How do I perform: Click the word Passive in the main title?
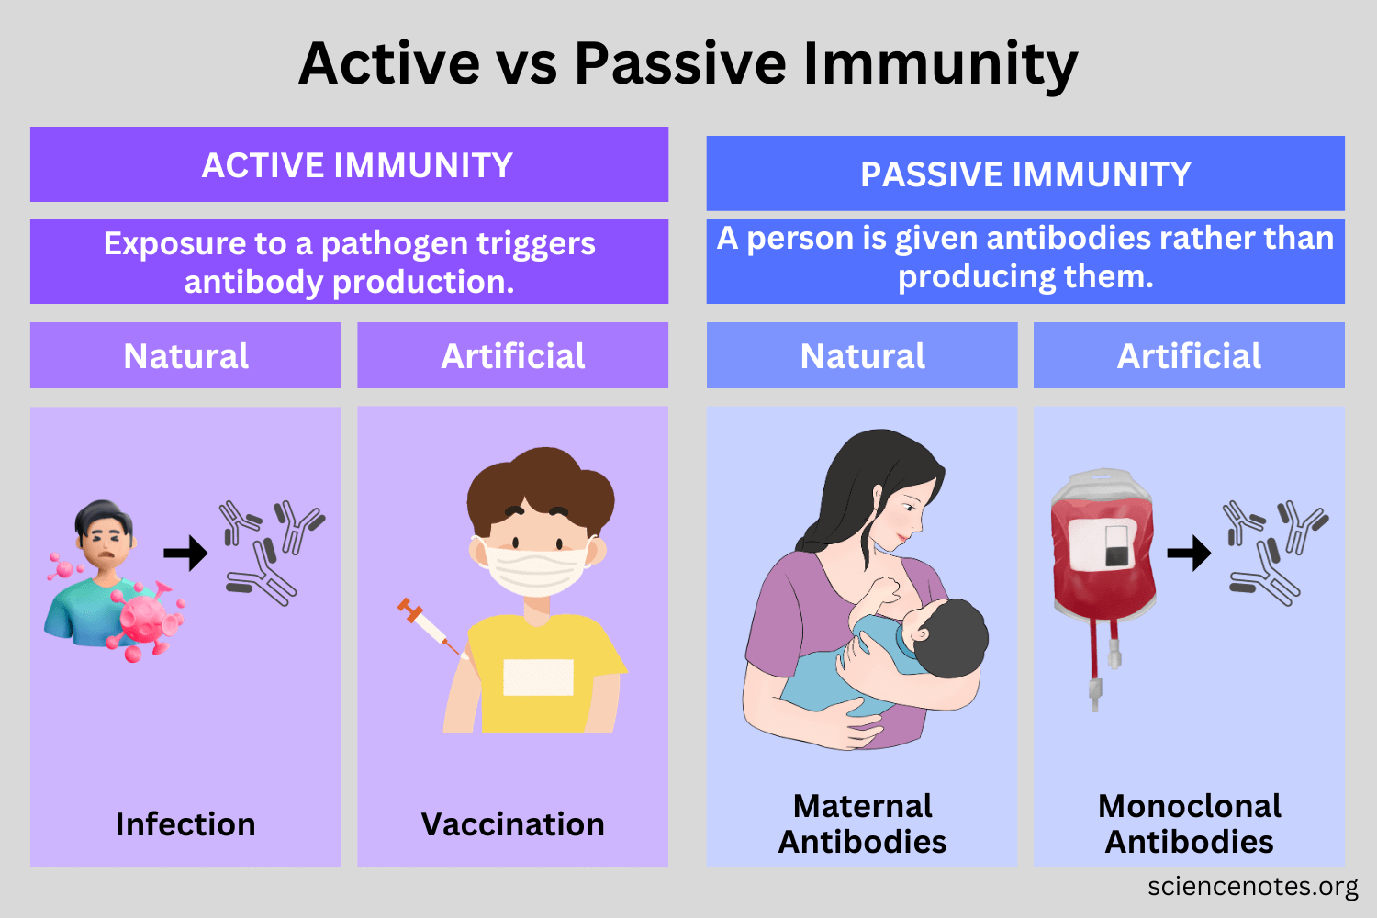click(x=680, y=63)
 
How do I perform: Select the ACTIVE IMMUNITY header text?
click(x=357, y=165)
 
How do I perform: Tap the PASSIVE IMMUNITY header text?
click(x=1025, y=174)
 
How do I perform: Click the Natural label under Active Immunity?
click(x=185, y=356)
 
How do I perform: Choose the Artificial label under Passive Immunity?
click(x=1189, y=356)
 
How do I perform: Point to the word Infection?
click(x=185, y=824)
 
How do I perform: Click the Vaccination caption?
click(x=512, y=824)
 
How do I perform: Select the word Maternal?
click(x=863, y=806)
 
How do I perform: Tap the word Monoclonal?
click(x=1190, y=806)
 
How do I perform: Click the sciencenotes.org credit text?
click(x=1253, y=886)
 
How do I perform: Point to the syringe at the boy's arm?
click(x=431, y=626)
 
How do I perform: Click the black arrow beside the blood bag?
click(x=1189, y=554)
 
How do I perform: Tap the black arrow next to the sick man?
click(x=185, y=554)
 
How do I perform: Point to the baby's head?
click(x=950, y=638)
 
